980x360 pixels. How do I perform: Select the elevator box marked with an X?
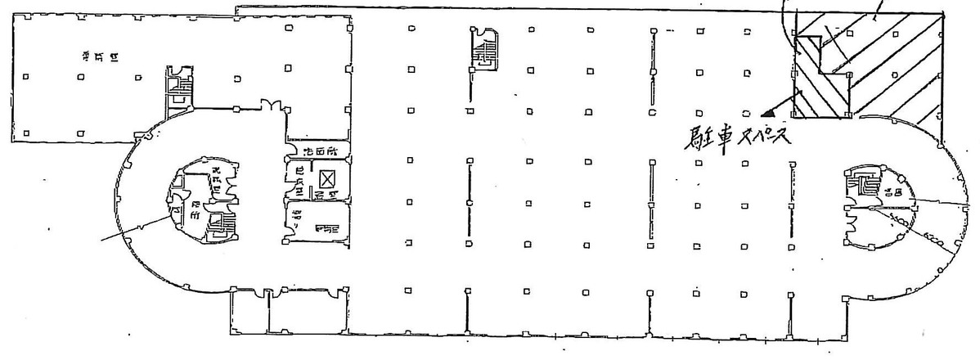[327, 178]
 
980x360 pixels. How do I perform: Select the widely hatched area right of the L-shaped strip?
[896, 65]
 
